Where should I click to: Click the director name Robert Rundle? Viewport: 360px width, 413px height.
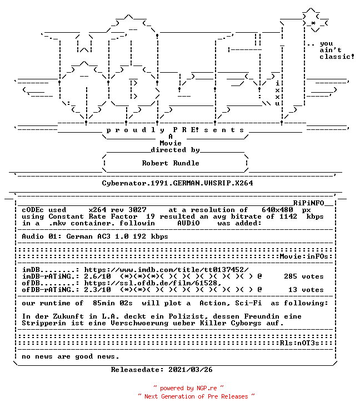171,163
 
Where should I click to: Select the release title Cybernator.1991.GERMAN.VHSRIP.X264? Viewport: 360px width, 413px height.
177,183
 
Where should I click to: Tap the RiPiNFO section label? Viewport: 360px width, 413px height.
308,203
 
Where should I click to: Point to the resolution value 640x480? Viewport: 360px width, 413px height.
277,210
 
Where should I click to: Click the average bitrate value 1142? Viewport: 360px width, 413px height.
288,216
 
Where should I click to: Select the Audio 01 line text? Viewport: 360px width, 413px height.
95,236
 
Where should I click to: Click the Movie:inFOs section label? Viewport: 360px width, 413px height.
304,256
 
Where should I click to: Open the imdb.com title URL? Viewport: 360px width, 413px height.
166,270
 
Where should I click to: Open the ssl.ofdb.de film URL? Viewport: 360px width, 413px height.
153,283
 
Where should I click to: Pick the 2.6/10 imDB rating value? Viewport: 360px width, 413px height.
97,276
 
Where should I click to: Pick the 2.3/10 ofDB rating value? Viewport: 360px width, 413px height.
97,290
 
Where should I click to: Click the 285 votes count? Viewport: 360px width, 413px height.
303,276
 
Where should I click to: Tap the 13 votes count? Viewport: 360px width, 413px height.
306,290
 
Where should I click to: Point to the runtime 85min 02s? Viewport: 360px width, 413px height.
113,303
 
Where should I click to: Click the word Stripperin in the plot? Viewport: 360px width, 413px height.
44,323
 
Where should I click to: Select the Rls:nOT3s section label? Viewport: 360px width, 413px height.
299,343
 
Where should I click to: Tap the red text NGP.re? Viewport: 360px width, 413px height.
207,388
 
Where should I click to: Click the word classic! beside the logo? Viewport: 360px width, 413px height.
337,57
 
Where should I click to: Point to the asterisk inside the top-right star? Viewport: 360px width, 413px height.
313,23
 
